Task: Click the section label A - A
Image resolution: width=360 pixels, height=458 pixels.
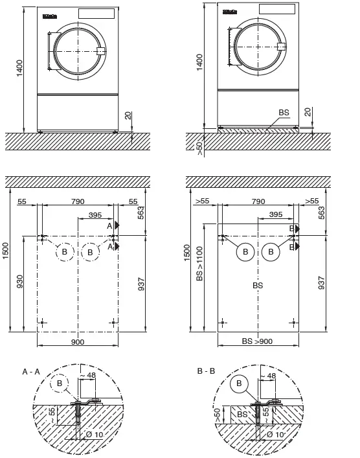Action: click(32, 372)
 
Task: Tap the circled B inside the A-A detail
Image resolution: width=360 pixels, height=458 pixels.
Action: click(61, 384)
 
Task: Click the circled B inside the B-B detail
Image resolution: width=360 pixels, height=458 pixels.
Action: click(239, 384)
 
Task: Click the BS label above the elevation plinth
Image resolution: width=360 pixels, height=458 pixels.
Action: click(284, 112)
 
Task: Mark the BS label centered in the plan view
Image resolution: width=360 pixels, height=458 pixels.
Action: click(258, 285)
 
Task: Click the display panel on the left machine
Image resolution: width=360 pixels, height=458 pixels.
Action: click(95, 14)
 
